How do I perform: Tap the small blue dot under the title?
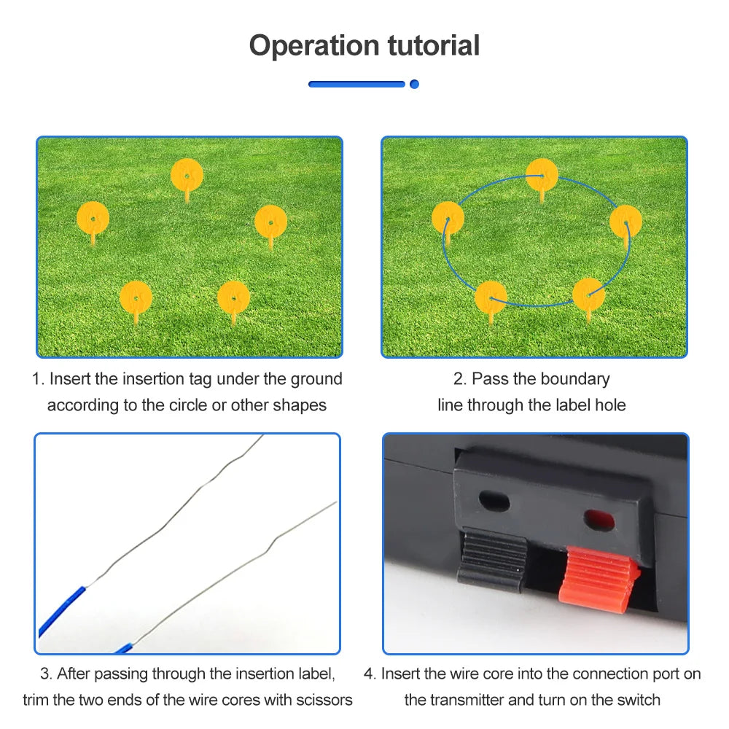pos(414,85)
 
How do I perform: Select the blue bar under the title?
pos(356,85)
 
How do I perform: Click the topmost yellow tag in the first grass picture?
pos(187,175)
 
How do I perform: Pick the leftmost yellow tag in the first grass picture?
pos(93,217)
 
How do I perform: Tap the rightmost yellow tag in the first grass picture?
pos(270,221)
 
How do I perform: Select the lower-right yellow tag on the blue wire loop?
pos(588,294)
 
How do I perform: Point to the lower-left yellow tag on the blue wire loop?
pos(491,297)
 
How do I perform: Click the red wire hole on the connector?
pos(596,520)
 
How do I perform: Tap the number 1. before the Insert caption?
pos(38,379)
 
